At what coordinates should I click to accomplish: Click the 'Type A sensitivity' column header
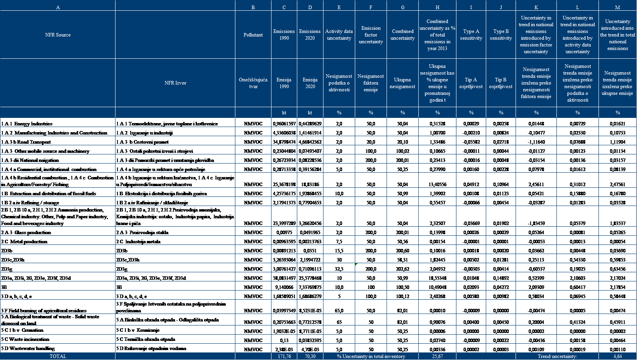click(471, 35)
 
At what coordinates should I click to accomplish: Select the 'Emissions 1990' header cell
click(284, 35)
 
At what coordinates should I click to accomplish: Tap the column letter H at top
click(437, 7)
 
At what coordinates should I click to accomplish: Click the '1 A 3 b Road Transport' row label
click(26, 142)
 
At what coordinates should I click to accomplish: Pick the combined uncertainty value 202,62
click(402, 269)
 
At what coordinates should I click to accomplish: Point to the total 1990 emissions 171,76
click(284, 356)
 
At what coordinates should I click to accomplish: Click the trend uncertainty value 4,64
click(618, 356)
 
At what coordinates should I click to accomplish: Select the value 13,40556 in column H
click(437, 185)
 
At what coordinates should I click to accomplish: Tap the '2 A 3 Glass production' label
click(26, 233)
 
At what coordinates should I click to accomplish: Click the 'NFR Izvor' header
click(175, 83)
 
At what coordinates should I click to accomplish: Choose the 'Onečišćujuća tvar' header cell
click(253, 83)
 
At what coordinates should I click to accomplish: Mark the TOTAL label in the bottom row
click(58, 356)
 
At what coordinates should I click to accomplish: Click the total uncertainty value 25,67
click(437, 356)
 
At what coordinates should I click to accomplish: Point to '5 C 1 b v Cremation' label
click(22, 330)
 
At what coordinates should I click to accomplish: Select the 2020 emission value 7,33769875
click(310, 287)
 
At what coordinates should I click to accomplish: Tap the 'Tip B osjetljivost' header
click(501, 83)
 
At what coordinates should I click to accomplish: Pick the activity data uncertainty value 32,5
click(339, 269)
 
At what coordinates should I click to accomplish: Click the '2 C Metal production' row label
click(24, 242)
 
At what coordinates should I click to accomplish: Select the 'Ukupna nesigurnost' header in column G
click(402, 83)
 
